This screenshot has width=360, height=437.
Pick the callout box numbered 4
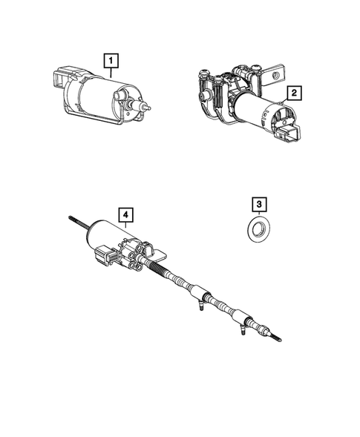tap(126, 215)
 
